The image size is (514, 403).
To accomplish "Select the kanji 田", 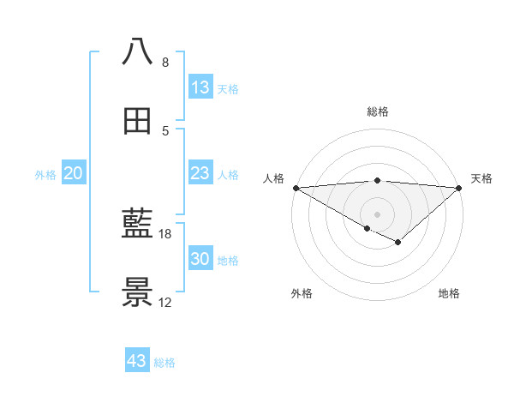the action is [138, 120].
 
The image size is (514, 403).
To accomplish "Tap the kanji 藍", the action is [138, 225].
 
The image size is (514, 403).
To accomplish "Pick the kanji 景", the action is [138, 293].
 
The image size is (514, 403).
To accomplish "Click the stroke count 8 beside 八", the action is [164, 62].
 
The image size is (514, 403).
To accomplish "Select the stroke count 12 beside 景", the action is [165, 303].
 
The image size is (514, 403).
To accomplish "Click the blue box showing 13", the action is [200, 87].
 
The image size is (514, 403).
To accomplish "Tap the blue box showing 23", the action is [200, 174].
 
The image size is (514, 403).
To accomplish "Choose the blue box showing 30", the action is [200, 260].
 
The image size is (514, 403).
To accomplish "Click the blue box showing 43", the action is [137, 361].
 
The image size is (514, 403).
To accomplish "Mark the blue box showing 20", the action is [74, 174].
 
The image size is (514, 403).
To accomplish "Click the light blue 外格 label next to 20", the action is [45, 175].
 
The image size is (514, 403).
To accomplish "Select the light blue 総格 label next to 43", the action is [164, 363].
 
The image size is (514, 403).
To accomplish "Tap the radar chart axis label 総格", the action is [378, 111].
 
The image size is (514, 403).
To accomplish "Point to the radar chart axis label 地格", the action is [449, 293].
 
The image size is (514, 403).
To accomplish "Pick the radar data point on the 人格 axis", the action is [296, 188].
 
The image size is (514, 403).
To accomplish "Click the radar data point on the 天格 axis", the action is [459, 188].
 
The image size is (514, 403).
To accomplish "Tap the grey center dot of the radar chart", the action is [377, 214].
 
